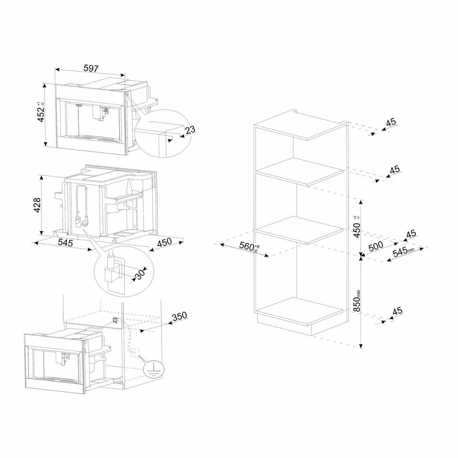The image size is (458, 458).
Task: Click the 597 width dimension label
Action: pos(91,68)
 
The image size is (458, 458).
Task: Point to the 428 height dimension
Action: pos(37,205)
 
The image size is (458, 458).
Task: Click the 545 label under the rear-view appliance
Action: pos(66,243)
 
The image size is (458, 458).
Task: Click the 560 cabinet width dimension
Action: pos(246,247)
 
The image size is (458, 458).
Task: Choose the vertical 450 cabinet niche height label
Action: pos(357,230)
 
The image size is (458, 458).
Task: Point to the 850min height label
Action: pos(357,300)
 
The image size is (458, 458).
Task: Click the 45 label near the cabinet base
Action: pos(397,311)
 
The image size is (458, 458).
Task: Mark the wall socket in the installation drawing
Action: pos(115,320)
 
